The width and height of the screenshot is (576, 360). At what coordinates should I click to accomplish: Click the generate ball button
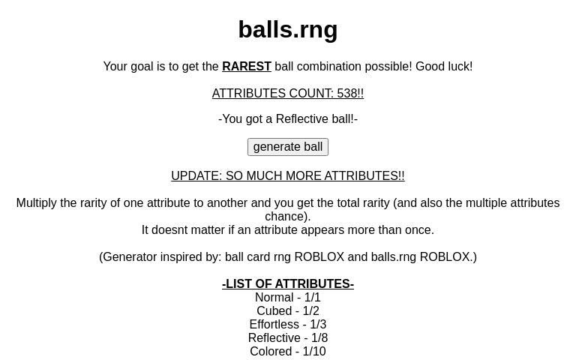click(288, 147)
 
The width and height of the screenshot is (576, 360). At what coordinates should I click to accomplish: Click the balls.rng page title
click(288, 30)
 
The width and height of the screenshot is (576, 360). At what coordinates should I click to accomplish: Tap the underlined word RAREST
click(247, 67)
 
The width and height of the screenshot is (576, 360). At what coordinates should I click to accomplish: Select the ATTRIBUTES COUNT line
click(288, 94)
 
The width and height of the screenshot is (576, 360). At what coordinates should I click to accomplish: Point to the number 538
click(347, 94)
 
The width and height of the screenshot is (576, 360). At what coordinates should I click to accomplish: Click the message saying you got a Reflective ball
click(288, 119)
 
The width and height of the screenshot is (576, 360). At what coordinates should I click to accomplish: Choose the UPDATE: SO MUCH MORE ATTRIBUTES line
click(288, 176)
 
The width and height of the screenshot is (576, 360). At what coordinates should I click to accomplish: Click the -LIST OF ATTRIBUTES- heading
click(288, 284)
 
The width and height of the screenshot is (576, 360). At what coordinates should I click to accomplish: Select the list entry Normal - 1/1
click(288, 298)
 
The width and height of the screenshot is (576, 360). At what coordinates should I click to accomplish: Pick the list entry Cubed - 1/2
click(288, 311)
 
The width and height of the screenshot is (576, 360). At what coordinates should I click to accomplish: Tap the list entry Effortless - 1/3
click(288, 325)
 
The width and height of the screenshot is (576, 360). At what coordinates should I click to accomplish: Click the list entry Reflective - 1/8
click(288, 338)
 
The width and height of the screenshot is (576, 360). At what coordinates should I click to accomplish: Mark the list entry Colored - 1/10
click(288, 352)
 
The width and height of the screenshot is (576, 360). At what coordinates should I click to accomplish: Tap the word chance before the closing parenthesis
click(285, 217)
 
